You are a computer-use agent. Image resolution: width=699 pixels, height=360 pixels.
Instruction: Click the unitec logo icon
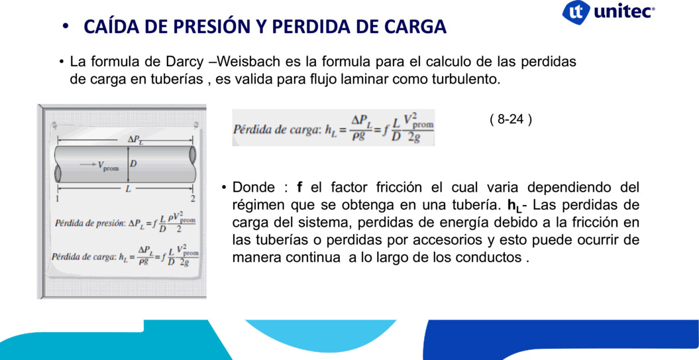(576, 12)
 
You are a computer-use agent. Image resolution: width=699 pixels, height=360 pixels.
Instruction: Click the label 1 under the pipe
(58, 198)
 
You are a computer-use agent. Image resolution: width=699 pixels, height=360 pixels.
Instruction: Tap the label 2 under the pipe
(193, 198)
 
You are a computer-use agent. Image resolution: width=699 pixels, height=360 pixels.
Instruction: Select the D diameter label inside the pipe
(133, 164)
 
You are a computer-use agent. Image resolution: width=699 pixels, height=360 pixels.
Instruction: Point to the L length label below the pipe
(128, 189)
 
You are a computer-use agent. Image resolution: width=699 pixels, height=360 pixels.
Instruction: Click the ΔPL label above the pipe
(134, 139)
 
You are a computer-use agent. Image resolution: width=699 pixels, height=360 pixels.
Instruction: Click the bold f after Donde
(299, 187)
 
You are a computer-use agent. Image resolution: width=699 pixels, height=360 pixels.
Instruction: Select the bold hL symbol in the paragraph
(515, 206)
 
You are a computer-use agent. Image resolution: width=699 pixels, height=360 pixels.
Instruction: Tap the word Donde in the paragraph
(254, 187)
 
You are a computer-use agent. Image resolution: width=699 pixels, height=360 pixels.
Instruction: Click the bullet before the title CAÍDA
(66, 28)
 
